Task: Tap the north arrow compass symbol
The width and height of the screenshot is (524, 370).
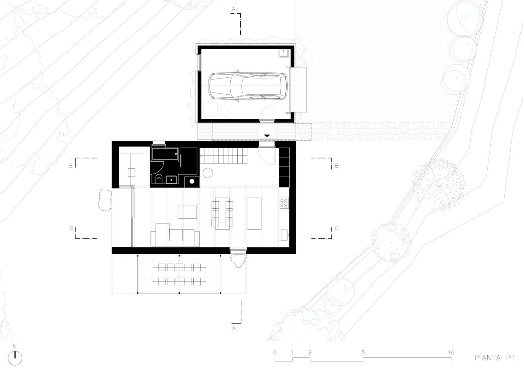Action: click(x=15, y=358)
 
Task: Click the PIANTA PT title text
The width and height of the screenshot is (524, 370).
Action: click(x=495, y=358)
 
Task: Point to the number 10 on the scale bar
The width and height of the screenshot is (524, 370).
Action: click(x=451, y=352)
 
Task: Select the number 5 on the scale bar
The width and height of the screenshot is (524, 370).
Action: click(x=363, y=352)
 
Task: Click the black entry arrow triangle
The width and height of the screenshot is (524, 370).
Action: click(x=267, y=135)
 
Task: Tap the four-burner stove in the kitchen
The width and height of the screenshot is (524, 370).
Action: click(x=284, y=203)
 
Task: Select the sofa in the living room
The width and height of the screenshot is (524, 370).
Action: click(x=175, y=235)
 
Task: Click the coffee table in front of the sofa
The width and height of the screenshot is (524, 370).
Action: click(x=187, y=212)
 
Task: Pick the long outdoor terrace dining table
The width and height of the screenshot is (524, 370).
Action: click(x=180, y=275)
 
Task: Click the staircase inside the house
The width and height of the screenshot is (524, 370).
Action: click(x=224, y=156)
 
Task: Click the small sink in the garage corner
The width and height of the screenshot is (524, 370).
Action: click(x=284, y=53)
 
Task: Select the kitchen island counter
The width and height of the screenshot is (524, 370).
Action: click(x=254, y=213)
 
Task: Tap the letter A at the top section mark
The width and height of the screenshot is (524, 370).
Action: click(x=233, y=9)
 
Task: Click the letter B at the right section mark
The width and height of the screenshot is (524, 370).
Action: click(x=337, y=166)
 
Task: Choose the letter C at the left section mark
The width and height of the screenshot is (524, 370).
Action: click(x=71, y=228)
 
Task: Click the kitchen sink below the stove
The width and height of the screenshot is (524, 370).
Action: click(x=284, y=235)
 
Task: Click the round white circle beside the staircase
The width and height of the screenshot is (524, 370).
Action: click(x=208, y=173)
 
